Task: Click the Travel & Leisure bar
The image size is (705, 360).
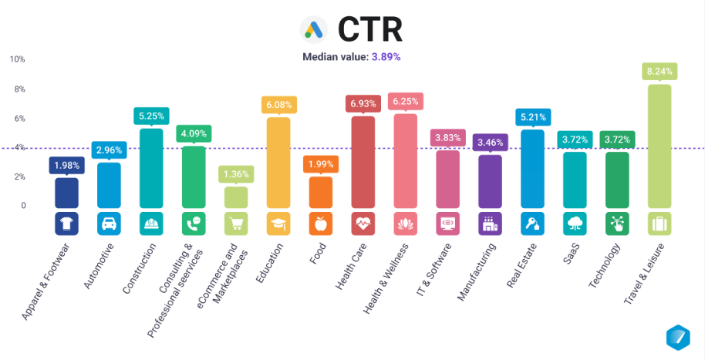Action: (659, 146)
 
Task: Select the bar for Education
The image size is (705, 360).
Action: (278, 163)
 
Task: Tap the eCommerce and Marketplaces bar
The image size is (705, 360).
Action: (236, 197)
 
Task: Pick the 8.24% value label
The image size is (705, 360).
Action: (659, 71)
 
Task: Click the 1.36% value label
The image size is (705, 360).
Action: (236, 173)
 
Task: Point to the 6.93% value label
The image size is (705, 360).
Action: (363, 103)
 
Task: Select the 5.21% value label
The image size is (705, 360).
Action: (532, 117)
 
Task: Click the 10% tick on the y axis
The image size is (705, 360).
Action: (17, 59)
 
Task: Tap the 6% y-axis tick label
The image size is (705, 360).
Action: (19, 118)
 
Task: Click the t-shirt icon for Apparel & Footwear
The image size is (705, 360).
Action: (66, 224)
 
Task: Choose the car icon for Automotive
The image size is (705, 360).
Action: (109, 224)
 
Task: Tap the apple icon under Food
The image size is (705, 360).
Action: (320, 224)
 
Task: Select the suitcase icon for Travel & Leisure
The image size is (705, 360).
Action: (659, 224)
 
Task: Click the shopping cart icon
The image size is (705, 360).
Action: (236, 224)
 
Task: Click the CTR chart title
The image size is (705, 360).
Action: (370, 29)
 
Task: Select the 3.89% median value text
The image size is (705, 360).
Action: (386, 56)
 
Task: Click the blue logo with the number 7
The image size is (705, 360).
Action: (678, 338)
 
